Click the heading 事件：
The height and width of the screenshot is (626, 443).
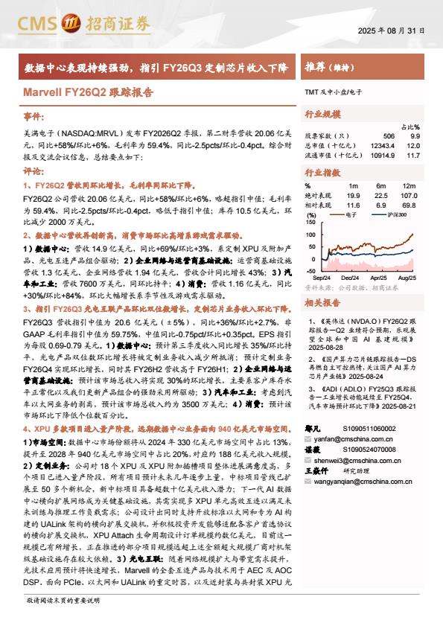34,118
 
